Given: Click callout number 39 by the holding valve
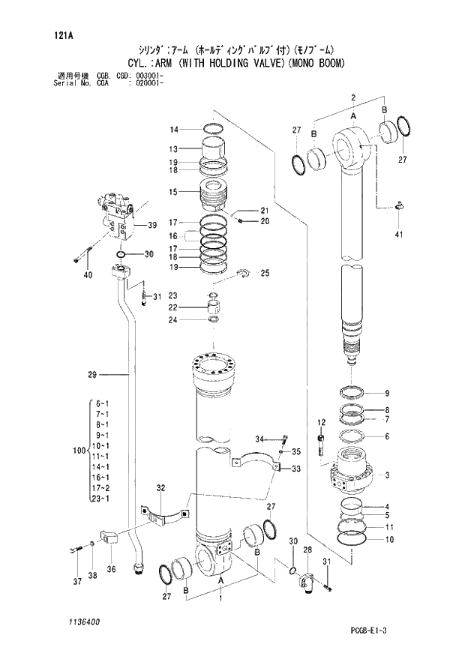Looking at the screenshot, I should [x=151, y=225].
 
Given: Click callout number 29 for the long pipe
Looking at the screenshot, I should [x=91, y=374].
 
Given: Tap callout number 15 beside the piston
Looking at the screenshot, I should [x=172, y=192].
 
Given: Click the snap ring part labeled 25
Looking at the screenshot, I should [x=246, y=274].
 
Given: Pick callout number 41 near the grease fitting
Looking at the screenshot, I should [x=399, y=235].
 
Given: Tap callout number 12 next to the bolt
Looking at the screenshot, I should [x=321, y=423].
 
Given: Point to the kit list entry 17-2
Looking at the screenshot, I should [x=101, y=487].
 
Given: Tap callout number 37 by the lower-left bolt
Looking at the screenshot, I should [x=75, y=583].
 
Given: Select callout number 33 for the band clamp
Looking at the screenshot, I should [x=296, y=469].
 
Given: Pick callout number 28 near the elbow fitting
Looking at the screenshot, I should [x=307, y=551].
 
